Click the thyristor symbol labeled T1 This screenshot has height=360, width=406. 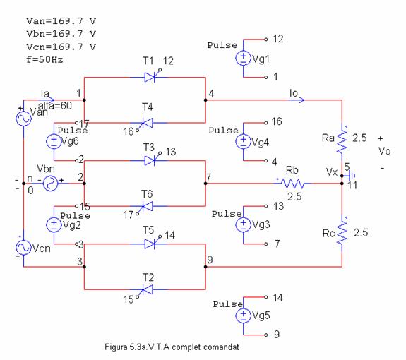pos(150,77)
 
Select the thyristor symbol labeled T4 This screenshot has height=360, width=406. pos(147,123)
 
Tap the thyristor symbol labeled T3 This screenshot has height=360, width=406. pos(150,160)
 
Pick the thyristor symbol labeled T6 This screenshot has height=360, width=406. pos(147,207)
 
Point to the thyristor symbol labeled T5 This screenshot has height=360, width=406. pos(150,244)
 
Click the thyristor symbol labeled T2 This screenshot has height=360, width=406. pos(147,290)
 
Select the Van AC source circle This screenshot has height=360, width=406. pos(23,119)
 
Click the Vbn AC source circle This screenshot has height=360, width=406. pos(51,184)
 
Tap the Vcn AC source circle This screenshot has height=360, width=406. pos(23,248)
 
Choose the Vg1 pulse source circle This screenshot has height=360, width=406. pos(243,58)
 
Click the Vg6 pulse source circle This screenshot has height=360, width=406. pos(54,141)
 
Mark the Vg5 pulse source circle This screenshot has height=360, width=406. pos(243,316)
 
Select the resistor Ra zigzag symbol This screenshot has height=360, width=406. pos(342,140)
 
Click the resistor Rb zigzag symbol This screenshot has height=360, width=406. pos(292,184)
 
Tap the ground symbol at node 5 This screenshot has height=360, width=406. pos(351,176)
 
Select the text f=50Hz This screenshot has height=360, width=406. pos(44,60)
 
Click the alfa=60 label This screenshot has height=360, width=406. pos(55,106)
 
